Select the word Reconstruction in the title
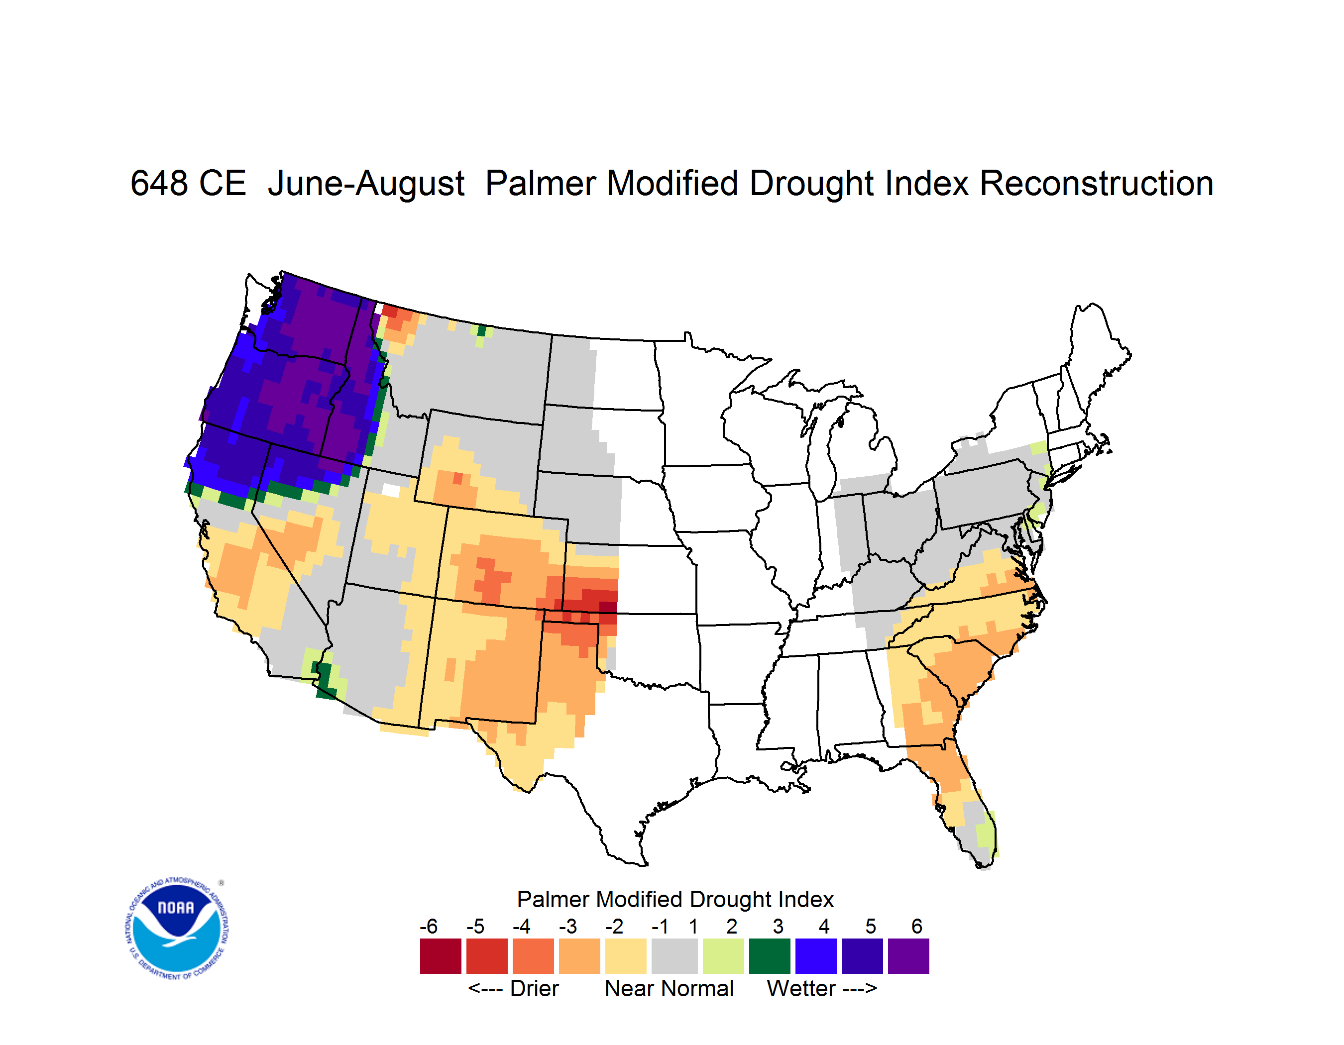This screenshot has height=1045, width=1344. pyautogui.click(x=1096, y=183)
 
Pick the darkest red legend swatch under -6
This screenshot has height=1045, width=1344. pyautogui.click(x=441, y=956)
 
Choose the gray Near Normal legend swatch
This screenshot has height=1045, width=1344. pyautogui.click(x=674, y=956)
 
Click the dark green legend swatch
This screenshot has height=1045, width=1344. pyautogui.click(x=769, y=956)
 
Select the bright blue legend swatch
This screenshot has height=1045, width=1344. pyautogui.click(x=816, y=956)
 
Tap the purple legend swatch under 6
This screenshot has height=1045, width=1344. pyautogui.click(x=908, y=956)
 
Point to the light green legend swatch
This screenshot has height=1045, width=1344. pyautogui.click(x=723, y=956)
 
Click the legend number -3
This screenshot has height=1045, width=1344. pyautogui.click(x=568, y=926)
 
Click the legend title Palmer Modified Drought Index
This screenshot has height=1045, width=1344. pyautogui.click(x=675, y=899)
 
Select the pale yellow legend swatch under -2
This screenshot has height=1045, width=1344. pyautogui.click(x=626, y=956)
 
